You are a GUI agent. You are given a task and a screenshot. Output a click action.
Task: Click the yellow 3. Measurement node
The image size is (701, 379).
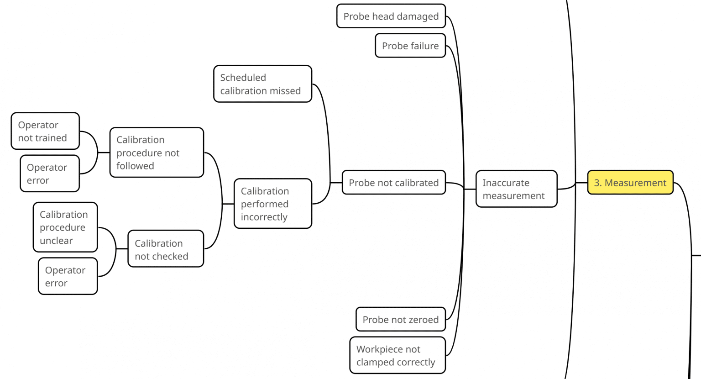point(630,183)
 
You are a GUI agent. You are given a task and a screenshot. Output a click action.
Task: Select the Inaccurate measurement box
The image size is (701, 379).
point(516,189)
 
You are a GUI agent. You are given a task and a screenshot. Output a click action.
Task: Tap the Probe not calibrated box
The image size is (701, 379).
point(393,183)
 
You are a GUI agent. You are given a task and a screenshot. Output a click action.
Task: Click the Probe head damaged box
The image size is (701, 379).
point(391,16)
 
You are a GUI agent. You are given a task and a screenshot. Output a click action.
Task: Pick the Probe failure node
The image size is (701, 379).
point(410,46)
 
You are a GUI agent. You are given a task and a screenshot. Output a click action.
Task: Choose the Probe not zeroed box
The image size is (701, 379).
point(400,320)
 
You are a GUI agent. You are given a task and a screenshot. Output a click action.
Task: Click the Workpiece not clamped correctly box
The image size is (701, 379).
point(397,355)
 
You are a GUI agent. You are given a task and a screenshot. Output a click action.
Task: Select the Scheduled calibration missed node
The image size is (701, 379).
point(262,84)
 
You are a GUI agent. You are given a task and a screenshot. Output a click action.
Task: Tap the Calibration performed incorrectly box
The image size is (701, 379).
point(272,204)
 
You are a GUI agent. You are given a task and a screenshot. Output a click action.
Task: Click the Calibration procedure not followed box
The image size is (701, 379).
point(157,153)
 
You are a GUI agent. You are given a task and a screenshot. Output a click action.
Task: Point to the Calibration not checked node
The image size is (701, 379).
point(165,249)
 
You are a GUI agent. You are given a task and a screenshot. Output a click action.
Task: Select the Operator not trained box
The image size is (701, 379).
point(45,131)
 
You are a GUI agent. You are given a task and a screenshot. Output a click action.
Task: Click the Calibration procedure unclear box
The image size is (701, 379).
point(65,227)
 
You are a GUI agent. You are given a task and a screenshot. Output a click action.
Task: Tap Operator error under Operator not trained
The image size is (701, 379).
point(50,174)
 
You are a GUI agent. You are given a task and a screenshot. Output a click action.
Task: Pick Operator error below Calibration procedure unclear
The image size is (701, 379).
point(68,276)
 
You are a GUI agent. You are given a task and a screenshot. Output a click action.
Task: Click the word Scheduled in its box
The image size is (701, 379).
point(243,78)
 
